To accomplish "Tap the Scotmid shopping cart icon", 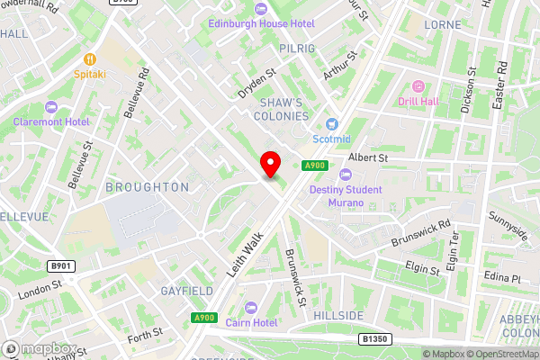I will point(332,123).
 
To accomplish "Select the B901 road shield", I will point(60,266).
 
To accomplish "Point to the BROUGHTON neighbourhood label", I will point(148,187).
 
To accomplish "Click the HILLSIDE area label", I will point(339,316).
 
